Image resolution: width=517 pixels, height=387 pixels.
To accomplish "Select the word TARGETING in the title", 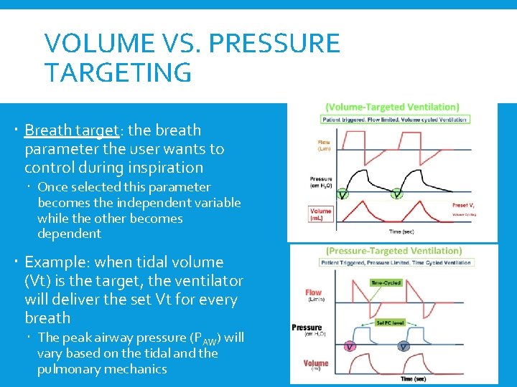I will click(118, 72).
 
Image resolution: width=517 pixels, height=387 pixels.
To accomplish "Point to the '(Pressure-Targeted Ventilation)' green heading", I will click(393, 251).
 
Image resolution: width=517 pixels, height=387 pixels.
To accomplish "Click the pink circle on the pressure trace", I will click(349, 346).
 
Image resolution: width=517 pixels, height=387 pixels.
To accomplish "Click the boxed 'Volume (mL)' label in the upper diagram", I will click(321, 215).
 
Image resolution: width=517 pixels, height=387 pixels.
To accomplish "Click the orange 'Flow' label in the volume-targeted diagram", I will click(324, 145).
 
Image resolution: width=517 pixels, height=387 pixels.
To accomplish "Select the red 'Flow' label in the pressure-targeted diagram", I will click(314, 295).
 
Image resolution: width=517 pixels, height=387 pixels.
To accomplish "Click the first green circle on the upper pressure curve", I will click(343, 194).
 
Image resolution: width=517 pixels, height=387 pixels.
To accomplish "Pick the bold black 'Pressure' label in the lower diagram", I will click(307, 328).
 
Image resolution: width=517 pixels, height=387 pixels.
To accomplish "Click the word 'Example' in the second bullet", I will click(52, 262).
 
